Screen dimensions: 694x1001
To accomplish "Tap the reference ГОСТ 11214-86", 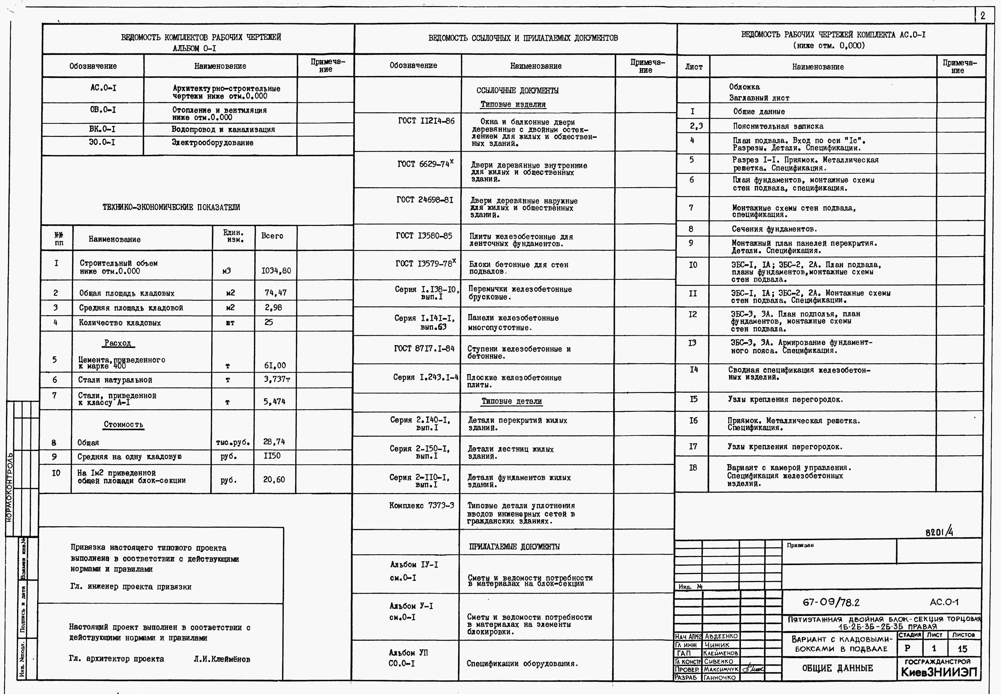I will [426, 121].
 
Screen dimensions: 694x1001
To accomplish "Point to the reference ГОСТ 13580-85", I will [424, 236].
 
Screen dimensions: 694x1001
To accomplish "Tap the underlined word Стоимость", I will [123, 424].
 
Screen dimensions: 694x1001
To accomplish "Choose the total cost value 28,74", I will [274, 442].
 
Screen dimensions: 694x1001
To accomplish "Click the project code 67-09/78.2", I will [831, 602].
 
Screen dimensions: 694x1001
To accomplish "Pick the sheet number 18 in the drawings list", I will [693, 467].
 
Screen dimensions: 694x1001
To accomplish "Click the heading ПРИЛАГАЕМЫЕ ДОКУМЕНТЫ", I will [514, 547].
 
